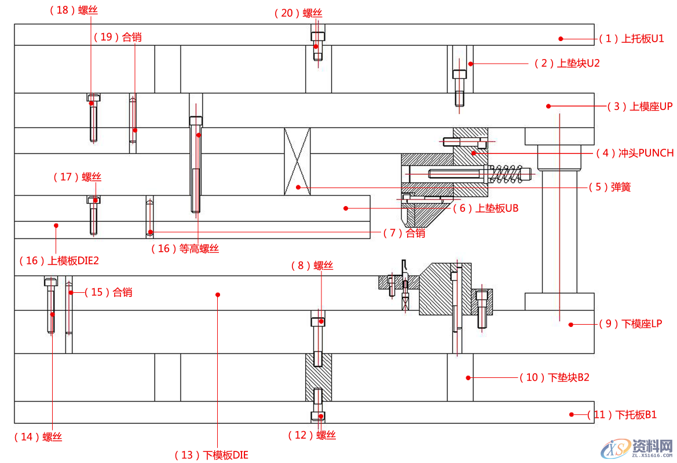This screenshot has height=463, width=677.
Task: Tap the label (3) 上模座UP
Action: (639, 106)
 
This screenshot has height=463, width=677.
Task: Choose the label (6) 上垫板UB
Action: (485, 208)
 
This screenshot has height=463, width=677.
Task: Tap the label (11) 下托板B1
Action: (622, 415)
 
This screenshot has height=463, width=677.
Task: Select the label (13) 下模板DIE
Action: (211, 455)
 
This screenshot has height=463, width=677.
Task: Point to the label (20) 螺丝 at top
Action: (298, 13)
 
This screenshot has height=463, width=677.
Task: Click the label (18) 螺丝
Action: (71, 10)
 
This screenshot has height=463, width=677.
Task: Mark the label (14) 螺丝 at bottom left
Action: (38, 437)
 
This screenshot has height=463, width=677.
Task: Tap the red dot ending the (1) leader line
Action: (561, 39)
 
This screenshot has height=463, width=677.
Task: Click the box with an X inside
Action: (297, 161)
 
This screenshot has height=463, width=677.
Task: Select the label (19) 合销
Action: (118, 37)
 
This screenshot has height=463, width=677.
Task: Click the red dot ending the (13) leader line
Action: (218, 295)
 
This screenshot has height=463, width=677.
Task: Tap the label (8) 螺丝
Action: (312, 266)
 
